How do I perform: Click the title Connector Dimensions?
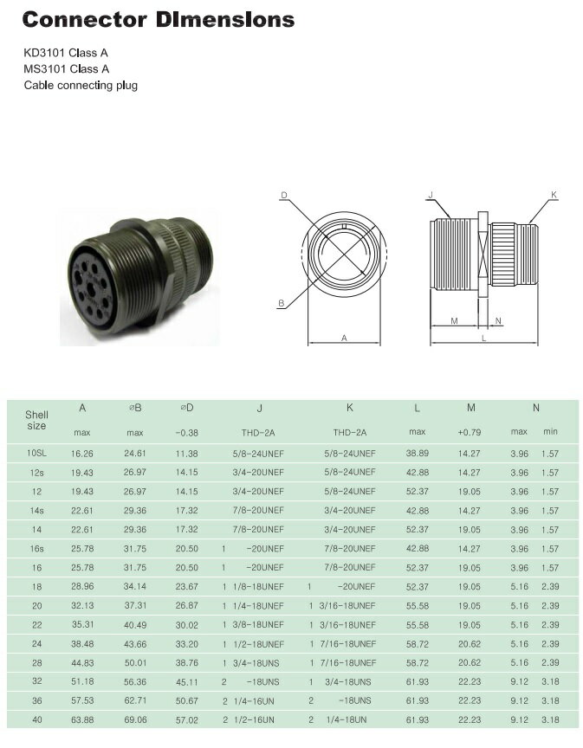point(158,20)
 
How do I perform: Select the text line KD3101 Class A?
point(66,52)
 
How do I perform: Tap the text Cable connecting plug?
point(80,85)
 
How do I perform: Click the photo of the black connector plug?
point(138,269)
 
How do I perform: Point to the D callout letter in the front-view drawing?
point(283,196)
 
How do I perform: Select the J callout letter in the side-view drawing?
point(431,196)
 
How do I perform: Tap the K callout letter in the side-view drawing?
point(554,196)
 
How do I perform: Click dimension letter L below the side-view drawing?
point(483,339)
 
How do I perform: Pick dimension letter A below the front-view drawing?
point(344,339)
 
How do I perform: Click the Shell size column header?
point(36,419)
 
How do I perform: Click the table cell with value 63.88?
point(82,719)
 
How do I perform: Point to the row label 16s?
point(36,548)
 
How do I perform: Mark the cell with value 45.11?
point(186,680)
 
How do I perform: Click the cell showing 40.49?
point(135,624)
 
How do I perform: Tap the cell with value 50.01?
point(135,661)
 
